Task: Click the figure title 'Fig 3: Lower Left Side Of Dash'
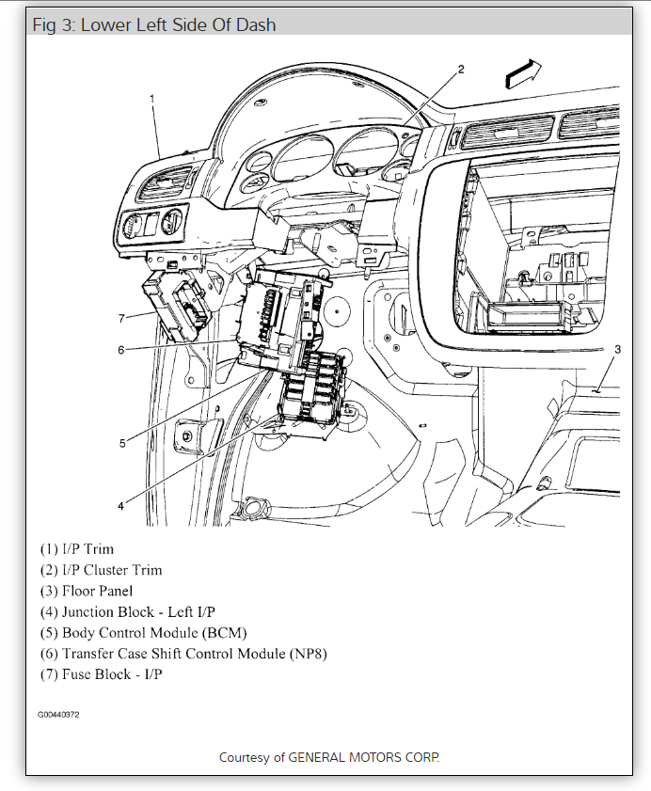coord(154,25)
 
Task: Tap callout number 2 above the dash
coord(461,69)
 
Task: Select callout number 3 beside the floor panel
coord(617,350)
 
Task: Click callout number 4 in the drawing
coord(120,506)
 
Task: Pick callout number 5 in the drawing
coord(121,443)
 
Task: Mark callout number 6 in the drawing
coord(120,351)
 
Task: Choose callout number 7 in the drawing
coord(120,319)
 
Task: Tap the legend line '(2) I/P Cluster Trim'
coord(101,570)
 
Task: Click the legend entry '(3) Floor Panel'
coord(86,591)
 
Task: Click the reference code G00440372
coord(58,715)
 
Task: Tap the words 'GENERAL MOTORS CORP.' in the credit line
coord(363,756)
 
